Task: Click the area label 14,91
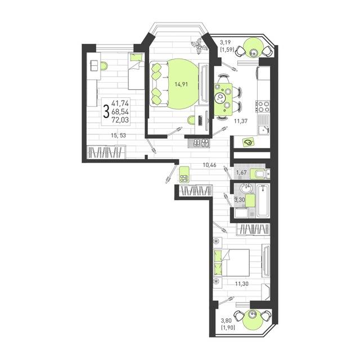click(x=181, y=84)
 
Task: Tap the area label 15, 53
click(x=119, y=136)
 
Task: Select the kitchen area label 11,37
click(x=241, y=121)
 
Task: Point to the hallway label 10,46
click(x=210, y=165)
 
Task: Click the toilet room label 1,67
click(x=241, y=173)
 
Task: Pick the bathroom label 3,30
click(x=239, y=200)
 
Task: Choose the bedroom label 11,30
click(x=241, y=283)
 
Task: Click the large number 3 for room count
click(x=106, y=111)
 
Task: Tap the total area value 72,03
click(x=120, y=120)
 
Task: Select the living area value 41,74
click(x=120, y=103)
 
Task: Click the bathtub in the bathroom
click(x=263, y=201)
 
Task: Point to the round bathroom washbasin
click(x=246, y=189)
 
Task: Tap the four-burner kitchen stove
click(x=263, y=106)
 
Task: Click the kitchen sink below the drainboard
click(x=263, y=130)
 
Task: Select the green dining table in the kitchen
click(x=223, y=99)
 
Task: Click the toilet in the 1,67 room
click(x=260, y=174)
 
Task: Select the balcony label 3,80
click(x=226, y=320)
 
